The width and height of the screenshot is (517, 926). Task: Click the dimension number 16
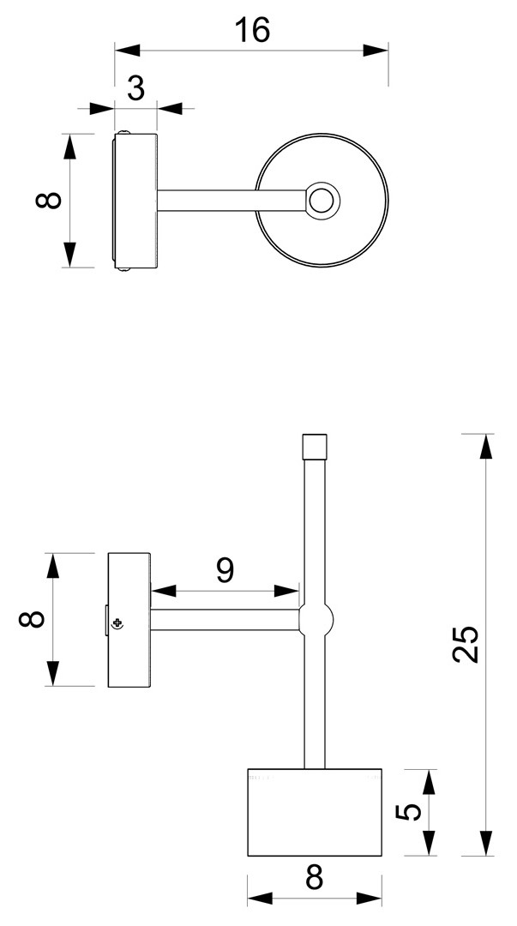pyautogui.click(x=252, y=29)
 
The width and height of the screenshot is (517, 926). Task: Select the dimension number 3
pyautogui.click(x=136, y=89)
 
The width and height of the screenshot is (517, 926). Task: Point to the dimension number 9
pyautogui.click(x=225, y=570)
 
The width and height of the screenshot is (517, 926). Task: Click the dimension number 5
pyautogui.click(x=408, y=812)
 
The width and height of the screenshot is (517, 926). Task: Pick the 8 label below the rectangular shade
pyautogui.click(x=315, y=878)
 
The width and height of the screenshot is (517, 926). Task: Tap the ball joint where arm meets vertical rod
pyautogui.click(x=316, y=620)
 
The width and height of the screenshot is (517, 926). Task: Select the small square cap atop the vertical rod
pyautogui.click(x=315, y=447)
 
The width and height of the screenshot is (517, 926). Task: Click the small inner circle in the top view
pyautogui.click(x=321, y=201)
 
